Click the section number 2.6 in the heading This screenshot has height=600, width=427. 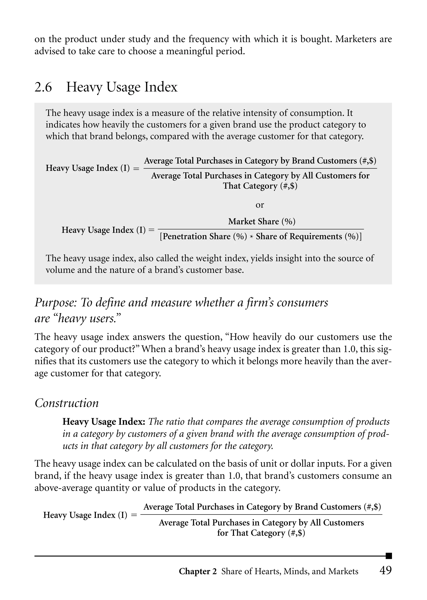[43, 87]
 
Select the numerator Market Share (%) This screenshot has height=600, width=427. [262, 222]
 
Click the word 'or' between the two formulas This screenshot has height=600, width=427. [260, 205]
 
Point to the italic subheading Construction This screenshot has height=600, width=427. [67, 403]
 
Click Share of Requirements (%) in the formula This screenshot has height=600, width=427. [307, 237]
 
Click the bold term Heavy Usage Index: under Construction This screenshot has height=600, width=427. [104, 422]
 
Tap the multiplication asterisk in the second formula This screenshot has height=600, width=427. [252, 237]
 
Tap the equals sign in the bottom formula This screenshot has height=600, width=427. [134, 515]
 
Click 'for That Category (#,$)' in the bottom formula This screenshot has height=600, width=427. [261, 533]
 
